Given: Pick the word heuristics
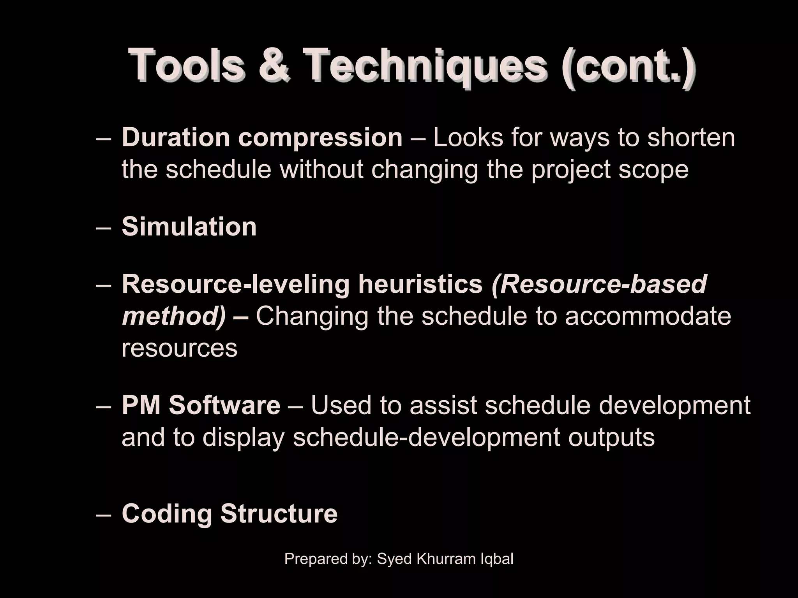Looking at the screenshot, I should coord(420,284).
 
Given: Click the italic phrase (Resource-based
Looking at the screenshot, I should coord(599,284).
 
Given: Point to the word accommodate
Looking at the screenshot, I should coord(648,316).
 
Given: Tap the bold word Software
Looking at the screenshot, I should coord(224,405).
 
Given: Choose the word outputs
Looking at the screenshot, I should coord(611,437).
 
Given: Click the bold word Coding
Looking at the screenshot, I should coord(167,514).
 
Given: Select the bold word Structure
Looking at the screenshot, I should coord(279,514).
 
